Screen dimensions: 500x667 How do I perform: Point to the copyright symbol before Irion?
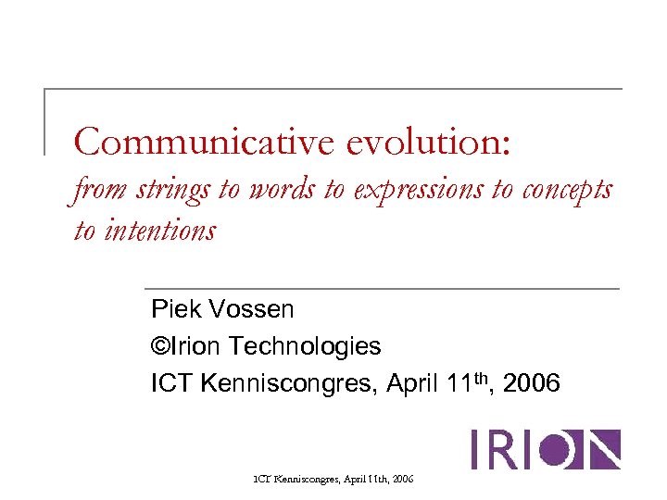click(x=159, y=346)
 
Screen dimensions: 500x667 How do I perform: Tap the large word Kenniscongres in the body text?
click(x=283, y=382)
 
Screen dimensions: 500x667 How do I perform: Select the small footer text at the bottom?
click(x=333, y=480)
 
